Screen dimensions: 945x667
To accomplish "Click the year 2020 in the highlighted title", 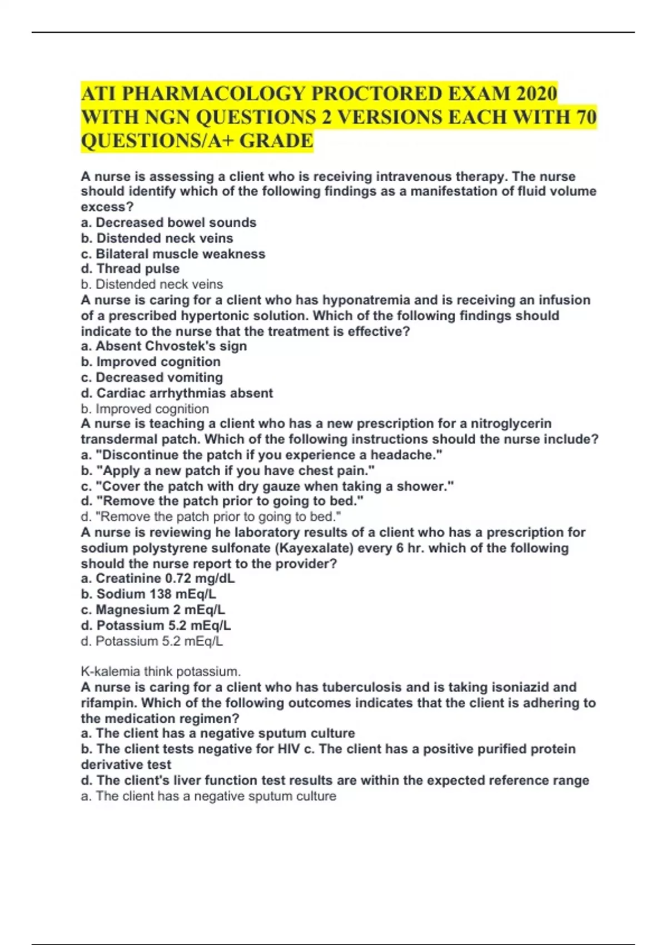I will tap(536, 93).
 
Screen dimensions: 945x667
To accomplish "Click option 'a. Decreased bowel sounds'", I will tap(168, 222).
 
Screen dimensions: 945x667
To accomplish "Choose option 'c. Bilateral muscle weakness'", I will tap(173, 254).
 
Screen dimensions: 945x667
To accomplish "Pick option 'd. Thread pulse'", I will tap(130, 269).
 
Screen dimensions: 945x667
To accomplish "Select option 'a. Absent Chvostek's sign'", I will tap(163, 346).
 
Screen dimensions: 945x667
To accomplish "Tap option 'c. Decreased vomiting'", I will tap(152, 377).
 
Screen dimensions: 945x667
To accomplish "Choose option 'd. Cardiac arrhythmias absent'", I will tap(177, 393).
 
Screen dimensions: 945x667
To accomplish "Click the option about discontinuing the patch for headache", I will tap(261, 455).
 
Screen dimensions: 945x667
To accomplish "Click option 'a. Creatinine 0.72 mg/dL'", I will tap(158, 578).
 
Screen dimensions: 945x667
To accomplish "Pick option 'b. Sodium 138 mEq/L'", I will tap(148, 594).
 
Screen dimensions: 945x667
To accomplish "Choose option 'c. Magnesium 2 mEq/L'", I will tap(153, 610).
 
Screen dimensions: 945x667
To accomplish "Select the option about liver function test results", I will tap(335, 780).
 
